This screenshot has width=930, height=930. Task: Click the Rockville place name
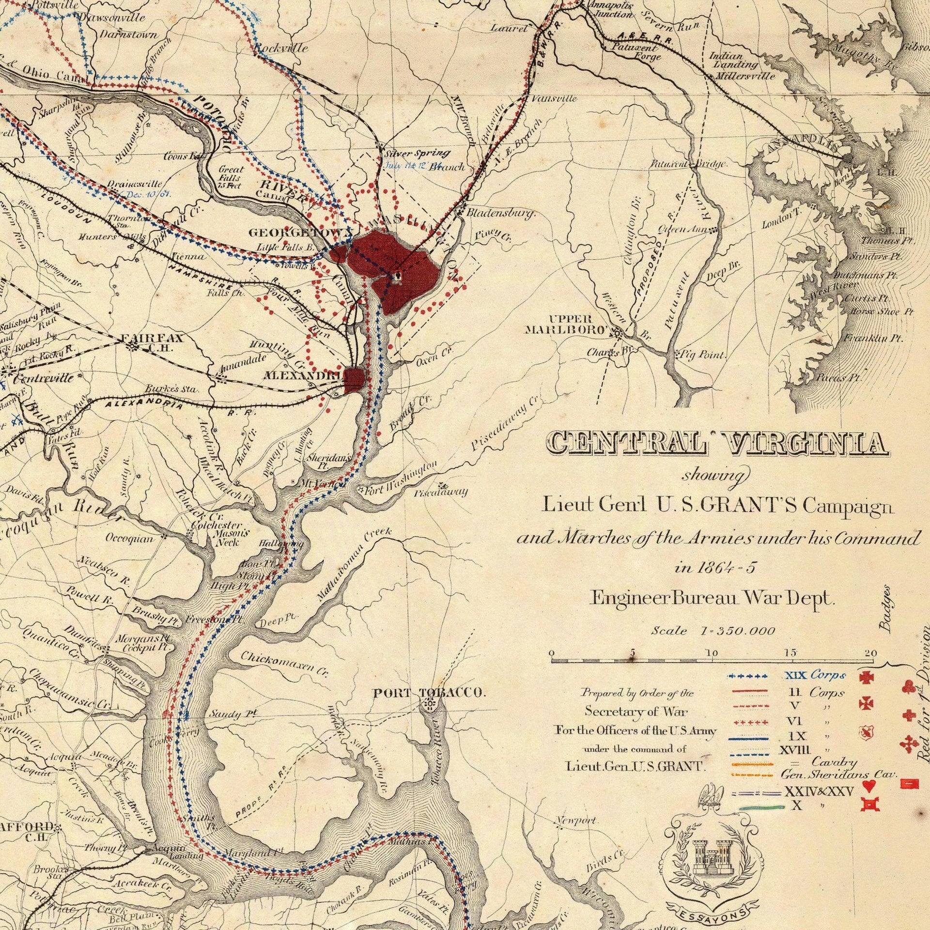pos(281,48)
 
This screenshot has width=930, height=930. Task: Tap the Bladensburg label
pos(500,213)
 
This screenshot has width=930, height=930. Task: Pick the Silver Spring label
pos(417,154)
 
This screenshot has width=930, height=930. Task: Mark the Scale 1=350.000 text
pos(713,631)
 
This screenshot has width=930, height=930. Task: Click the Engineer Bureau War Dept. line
pos(713,599)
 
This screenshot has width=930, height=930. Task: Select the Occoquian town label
pos(130,538)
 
